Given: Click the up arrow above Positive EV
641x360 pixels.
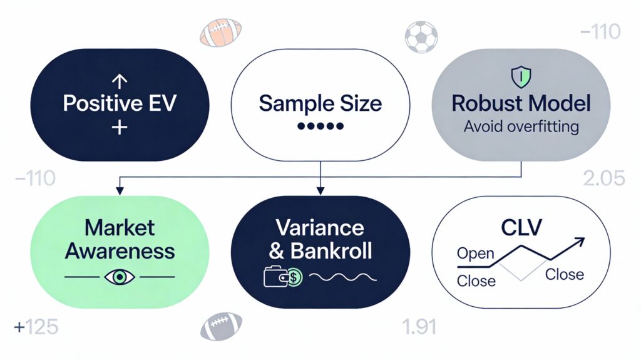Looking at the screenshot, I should (118, 81).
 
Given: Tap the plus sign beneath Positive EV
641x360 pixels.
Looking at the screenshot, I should (118, 128).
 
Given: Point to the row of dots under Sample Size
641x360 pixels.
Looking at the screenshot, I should (320, 126).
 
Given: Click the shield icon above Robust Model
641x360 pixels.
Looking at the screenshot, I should (521, 78).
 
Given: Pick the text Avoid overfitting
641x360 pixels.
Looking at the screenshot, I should (521, 127).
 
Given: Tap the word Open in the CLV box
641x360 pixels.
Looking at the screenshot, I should (475, 254).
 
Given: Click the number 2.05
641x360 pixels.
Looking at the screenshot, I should (603, 179).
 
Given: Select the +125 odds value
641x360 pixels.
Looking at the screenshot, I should (37, 327).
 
